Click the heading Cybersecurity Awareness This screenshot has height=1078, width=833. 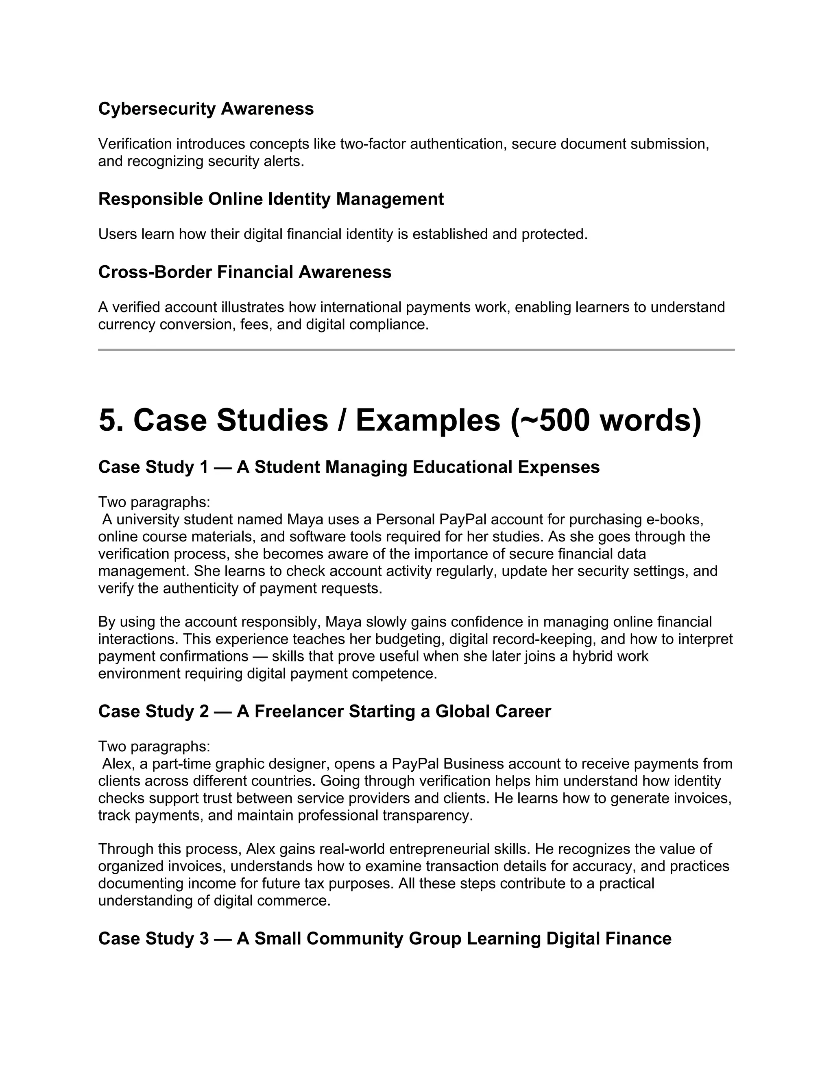pos(206,109)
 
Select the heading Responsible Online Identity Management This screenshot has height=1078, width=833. pos(271,199)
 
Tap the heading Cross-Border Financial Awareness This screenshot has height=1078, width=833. pos(245,272)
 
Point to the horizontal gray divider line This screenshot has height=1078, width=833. pos(416,350)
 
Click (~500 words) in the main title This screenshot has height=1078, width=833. pos(606,421)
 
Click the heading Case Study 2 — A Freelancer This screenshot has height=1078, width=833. pos(324,711)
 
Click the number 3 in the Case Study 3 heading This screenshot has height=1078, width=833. pos(204,938)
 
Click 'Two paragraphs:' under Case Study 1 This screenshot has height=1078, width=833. pos(154,502)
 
